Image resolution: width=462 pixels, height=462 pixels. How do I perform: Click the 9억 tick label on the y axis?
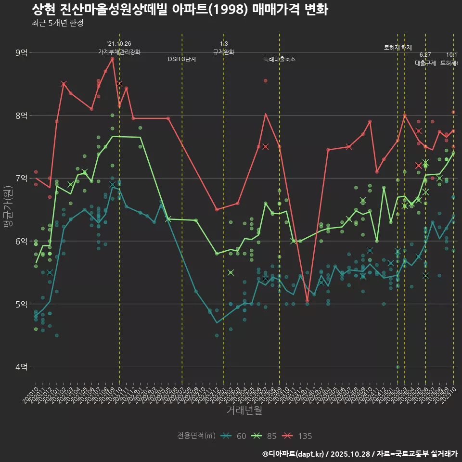[x=21, y=52]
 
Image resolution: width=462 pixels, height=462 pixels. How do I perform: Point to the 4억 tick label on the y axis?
[x=21, y=367]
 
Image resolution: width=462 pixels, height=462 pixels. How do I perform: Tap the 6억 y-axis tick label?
[x=21, y=241]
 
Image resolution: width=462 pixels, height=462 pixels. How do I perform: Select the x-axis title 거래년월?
[x=244, y=411]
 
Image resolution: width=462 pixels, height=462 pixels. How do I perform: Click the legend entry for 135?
[x=298, y=436]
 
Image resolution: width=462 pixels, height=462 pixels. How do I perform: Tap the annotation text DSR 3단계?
[x=182, y=59]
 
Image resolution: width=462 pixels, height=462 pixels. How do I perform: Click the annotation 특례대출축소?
[x=280, y=59]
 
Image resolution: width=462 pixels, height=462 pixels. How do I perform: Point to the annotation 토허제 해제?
[x=398, y=48]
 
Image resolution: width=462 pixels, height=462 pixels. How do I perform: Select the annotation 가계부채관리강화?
[x=119, y=52]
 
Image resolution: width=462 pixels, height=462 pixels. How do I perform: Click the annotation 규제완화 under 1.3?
[x=224, y=52]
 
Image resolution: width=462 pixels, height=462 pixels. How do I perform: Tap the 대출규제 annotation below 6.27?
[x=425, y=63]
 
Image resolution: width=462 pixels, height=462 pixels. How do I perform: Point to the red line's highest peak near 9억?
[x=113, y=59]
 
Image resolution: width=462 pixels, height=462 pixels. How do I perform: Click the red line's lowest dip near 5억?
[x=307, y=301]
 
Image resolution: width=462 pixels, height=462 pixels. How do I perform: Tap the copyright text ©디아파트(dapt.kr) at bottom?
[x=295, y=454]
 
